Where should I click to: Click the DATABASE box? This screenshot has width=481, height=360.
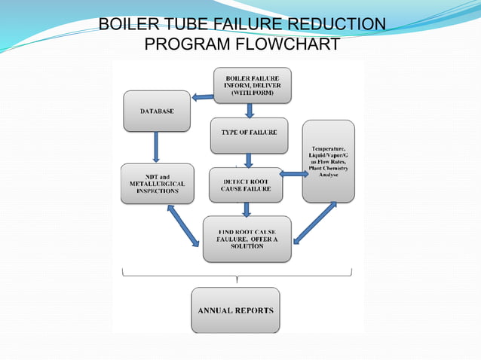[x=157, y=111]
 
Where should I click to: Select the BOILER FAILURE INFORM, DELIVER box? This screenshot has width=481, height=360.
[x=253, y=86]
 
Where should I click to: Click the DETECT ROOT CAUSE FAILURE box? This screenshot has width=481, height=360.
[x=246, y=185]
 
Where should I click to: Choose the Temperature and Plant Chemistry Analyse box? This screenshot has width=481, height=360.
[x=328, y=161]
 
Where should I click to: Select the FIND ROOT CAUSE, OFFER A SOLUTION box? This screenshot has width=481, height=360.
[x=247, y=239]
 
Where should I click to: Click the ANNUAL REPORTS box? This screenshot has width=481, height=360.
[x=235, y=310]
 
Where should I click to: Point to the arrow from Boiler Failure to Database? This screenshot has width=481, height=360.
[x=202, y=96]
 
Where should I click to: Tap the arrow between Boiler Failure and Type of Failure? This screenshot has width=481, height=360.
[x=250, y=111]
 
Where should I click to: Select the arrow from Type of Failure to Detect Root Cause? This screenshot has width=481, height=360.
[x=248, y=160]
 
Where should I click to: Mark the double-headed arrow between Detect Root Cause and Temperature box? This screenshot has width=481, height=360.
[x=293, y=174]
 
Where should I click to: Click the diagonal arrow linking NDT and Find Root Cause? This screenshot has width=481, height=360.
[x=183, y=225]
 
